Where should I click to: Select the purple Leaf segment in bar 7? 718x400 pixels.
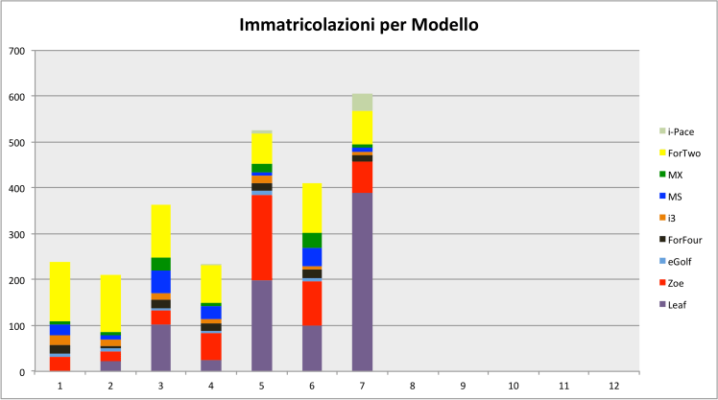[362, 283]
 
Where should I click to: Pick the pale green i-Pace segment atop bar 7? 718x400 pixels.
[362, 102]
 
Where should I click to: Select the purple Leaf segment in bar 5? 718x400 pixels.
[261, 325]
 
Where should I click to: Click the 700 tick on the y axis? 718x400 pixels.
[17, 50]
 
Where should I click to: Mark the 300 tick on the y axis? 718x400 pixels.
[17, 234]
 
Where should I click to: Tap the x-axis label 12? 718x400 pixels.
[614, 386]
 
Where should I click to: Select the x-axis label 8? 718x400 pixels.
[413, 386]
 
